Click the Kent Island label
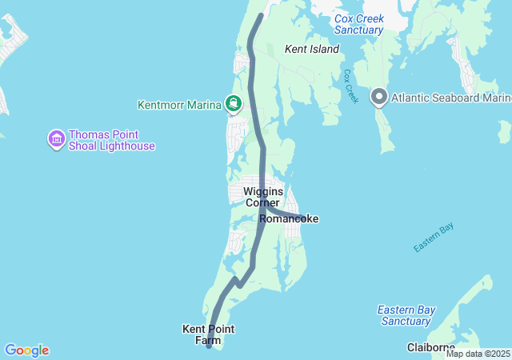311,50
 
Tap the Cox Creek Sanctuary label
359,24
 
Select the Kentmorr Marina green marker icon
234,103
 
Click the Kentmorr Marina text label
180,104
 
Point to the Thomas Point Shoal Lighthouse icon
57,140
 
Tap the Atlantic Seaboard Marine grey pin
379,98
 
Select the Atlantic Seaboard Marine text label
451,98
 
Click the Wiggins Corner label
262,197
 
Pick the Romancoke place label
289,218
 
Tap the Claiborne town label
431,347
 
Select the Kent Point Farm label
209,334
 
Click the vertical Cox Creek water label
349,86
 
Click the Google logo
26,350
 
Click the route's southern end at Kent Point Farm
209,346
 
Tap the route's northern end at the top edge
261,16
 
